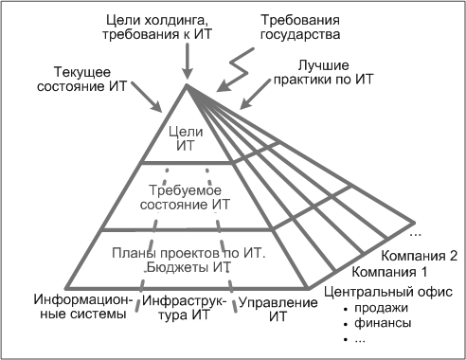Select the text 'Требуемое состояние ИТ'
pyautogui.click(x=186, y=196)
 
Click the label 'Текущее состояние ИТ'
pyautogui.click(x=82, y=78)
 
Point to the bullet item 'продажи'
pyautogui.click(x=383, y=307)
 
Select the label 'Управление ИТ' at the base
pyautogui.click(x=277, y=308)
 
